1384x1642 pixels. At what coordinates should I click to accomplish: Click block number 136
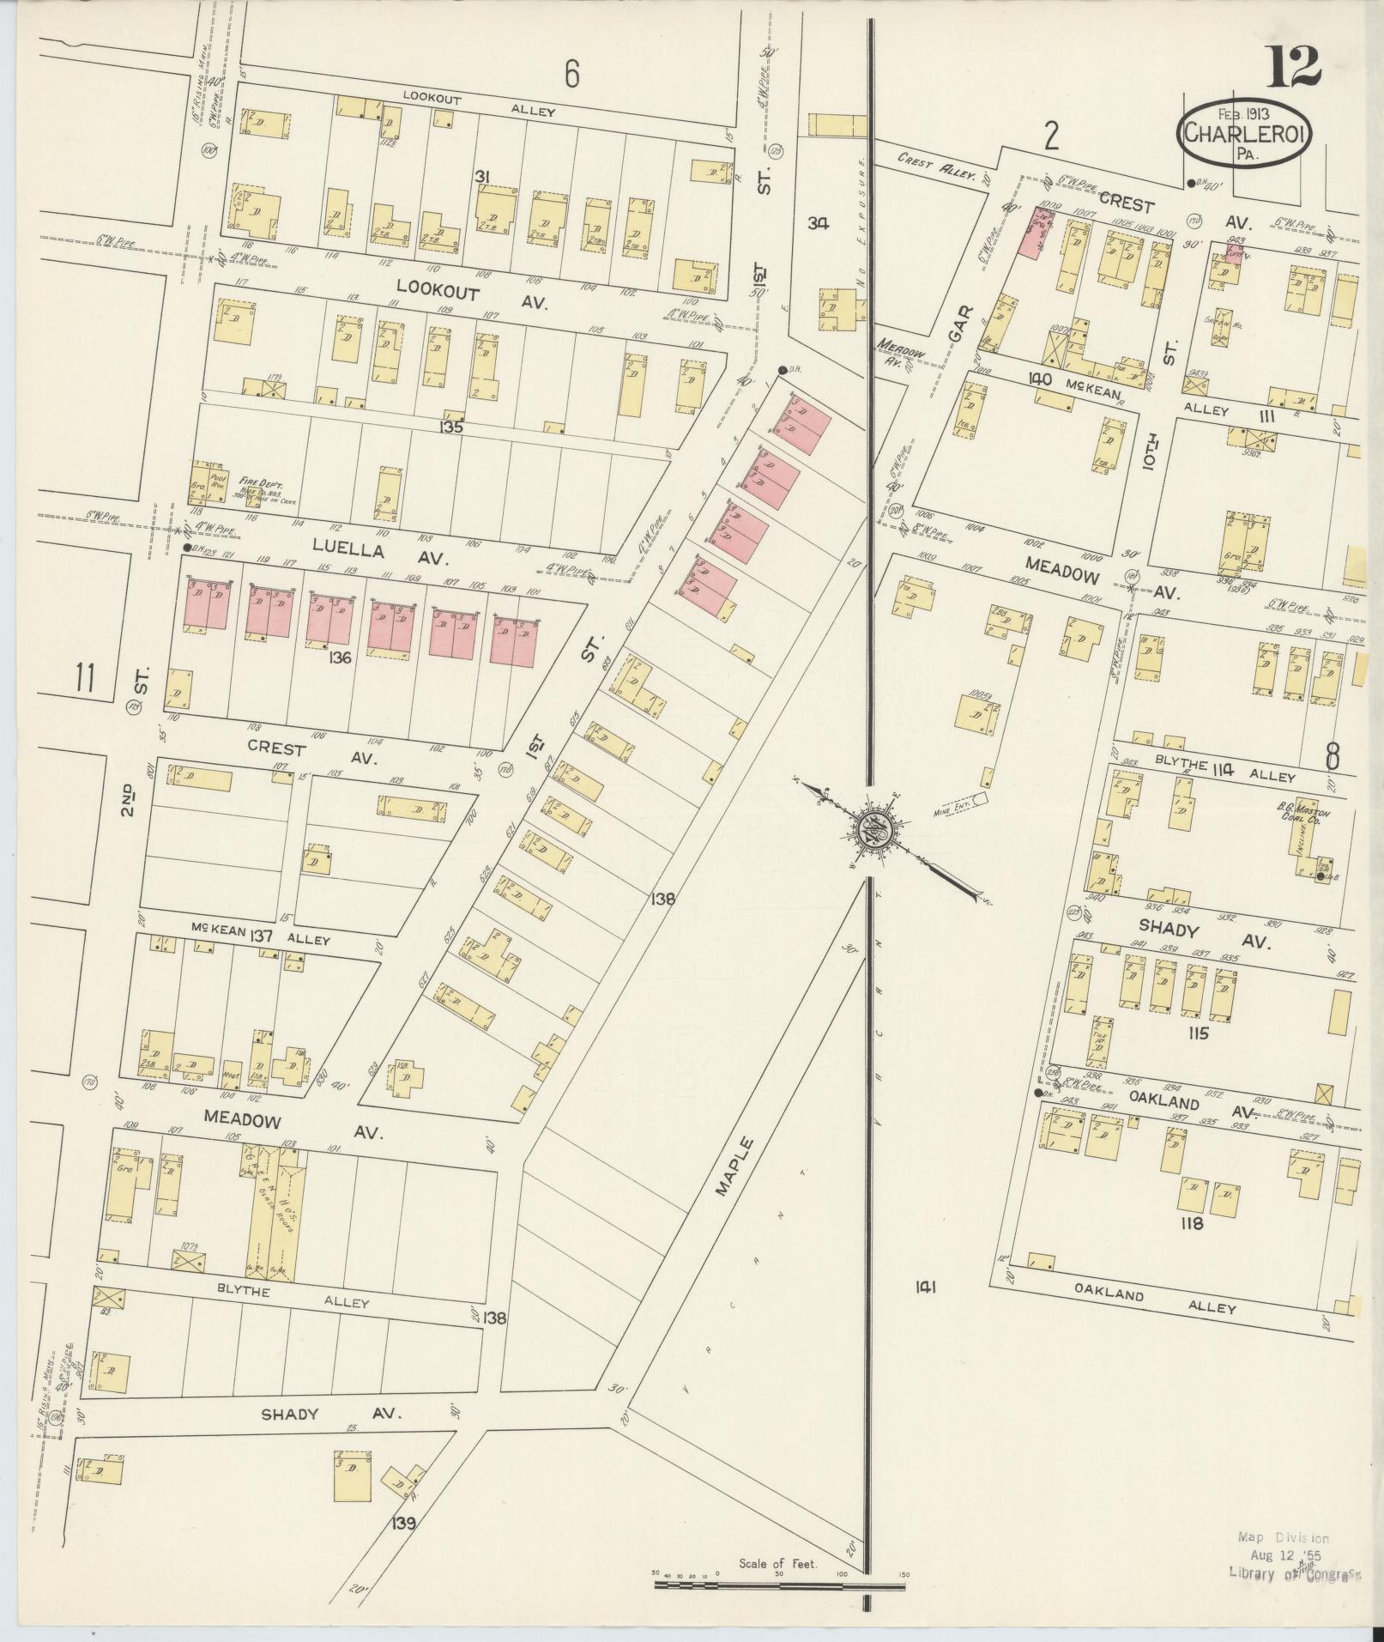(340, 658)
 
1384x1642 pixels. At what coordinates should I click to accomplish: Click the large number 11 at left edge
(83, 677)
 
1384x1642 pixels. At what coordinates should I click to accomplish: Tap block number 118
(1192, 1224)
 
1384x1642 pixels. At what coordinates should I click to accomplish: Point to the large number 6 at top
(571, 76)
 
